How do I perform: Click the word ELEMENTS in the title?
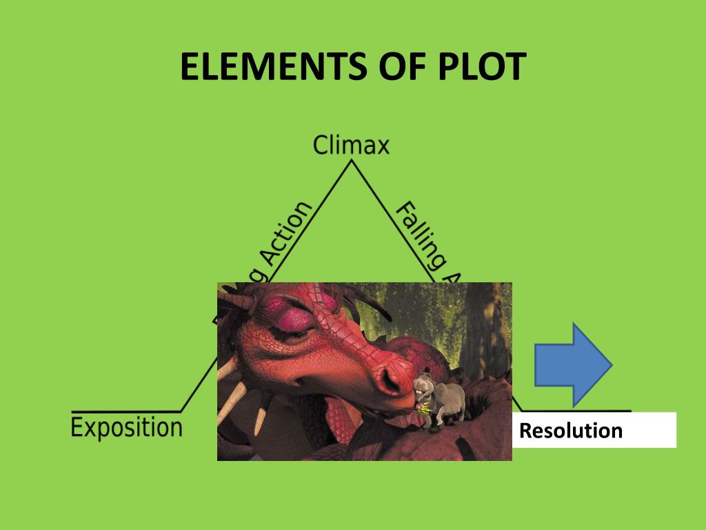pyautogui.click(x=266, y=68)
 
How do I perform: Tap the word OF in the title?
pyautogui.click(x=390, y=68)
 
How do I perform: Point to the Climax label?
pyautogui.click(x=351, y=146)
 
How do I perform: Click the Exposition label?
pyautogui.click(x=127, y=427)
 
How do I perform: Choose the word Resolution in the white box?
pyautogui.click(x=570, y=431)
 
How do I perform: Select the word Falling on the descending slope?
pyautogui.click(x=417, y=235)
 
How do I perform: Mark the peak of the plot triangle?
pyautogui.click(x=352, y=161)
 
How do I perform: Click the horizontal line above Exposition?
pyautogui.click(x=124, y=411)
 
